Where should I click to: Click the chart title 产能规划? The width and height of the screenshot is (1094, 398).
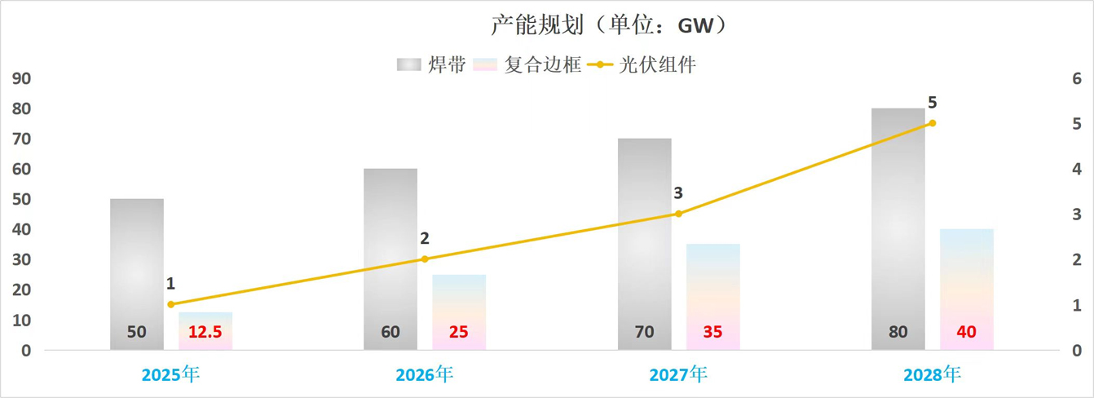click(x=607, y=25)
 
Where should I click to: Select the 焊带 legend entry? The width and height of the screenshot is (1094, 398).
click(x=431, y=64)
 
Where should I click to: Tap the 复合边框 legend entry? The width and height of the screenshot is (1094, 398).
click(x=527, y=64)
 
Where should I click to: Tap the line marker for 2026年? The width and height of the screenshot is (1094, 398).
click(x=425, y=259)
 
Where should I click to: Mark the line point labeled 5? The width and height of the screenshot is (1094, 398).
click(x=933, y=123)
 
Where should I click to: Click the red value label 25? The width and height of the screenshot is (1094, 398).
click(x=459, y=332)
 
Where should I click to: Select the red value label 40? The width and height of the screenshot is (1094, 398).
click(x=966, y=332)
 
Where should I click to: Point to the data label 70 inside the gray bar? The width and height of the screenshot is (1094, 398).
click(x=644, y=332)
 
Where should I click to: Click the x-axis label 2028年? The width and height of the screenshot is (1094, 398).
click(x=933, y=374)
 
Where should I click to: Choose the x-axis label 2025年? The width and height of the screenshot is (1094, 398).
click(x=170, y=374)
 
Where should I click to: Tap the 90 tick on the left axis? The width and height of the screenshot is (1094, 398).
click(x=21, y=79)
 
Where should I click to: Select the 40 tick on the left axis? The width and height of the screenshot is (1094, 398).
click(x=21, y=230)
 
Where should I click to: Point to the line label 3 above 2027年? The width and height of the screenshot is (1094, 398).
click(x=678, y=193)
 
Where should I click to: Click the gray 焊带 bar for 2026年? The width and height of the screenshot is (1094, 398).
click(x=390, y=253)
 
